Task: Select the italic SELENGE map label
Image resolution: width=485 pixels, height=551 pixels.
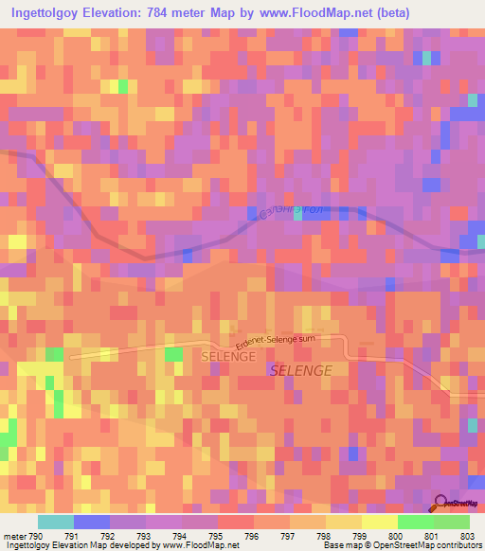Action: (301, 371)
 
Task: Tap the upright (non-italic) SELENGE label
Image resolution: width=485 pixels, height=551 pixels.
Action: (228, 356)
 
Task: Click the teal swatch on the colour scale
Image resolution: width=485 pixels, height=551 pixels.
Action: (55, 522)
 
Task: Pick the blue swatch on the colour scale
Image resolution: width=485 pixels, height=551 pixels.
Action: (91, 522)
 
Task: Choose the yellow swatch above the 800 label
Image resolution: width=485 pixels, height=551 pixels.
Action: (379, 522)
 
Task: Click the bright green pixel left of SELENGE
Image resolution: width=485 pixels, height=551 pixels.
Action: (173, 354)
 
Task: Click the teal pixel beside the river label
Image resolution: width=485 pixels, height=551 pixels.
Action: (298, 215)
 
